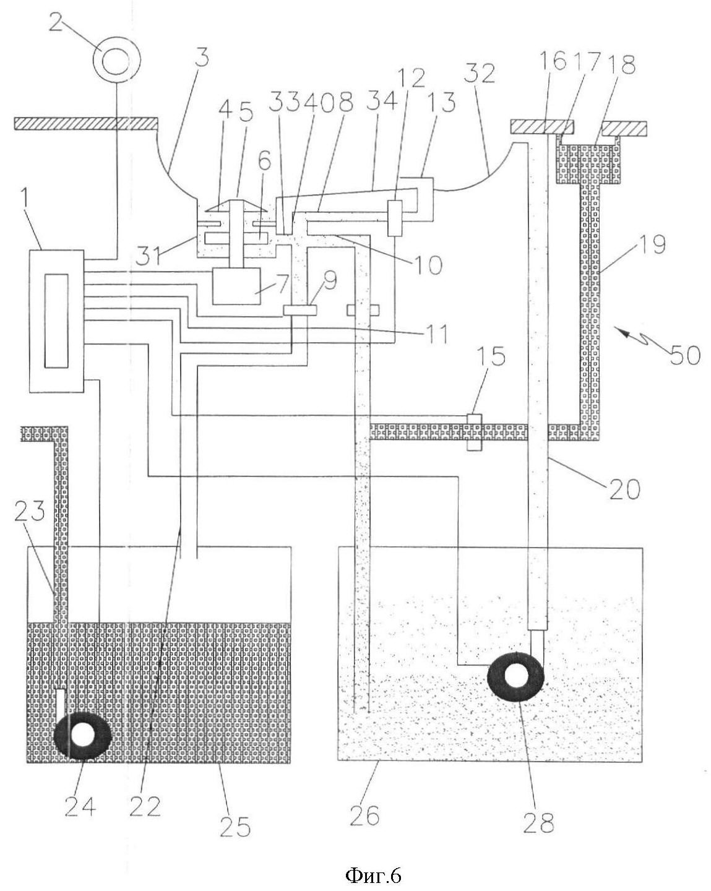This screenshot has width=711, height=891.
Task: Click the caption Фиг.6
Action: tap(373, 873)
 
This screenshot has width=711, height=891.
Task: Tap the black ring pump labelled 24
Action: tap(82, 735)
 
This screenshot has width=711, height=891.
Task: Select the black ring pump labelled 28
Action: tap(515, 677)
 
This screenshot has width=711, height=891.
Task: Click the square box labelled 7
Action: tap(236, 286)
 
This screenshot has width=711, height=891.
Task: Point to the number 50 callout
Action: tap(684, 354)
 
